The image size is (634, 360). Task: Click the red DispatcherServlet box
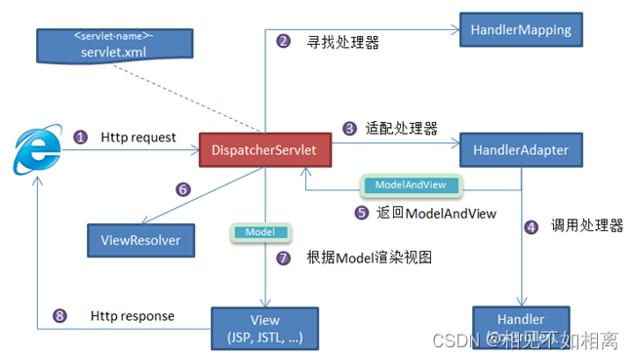(x=263, y=151)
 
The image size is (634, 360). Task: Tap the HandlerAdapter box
(x=521, y=150)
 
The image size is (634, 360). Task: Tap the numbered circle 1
(x=80, y=138)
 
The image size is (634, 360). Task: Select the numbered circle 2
(x=284, y=41)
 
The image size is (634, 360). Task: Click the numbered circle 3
(x=349, y=128)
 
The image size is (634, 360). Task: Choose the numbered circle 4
(x=531, y=226)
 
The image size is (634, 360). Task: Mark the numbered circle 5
(x=360, y=211)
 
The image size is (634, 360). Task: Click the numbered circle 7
(x=284, y=258)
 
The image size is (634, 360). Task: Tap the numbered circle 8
(x=60, y=316)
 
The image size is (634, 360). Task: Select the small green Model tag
(x=259, y=233)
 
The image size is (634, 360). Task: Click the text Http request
(x=139, y=138)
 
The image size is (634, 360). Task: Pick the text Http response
(x=133, y=316)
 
